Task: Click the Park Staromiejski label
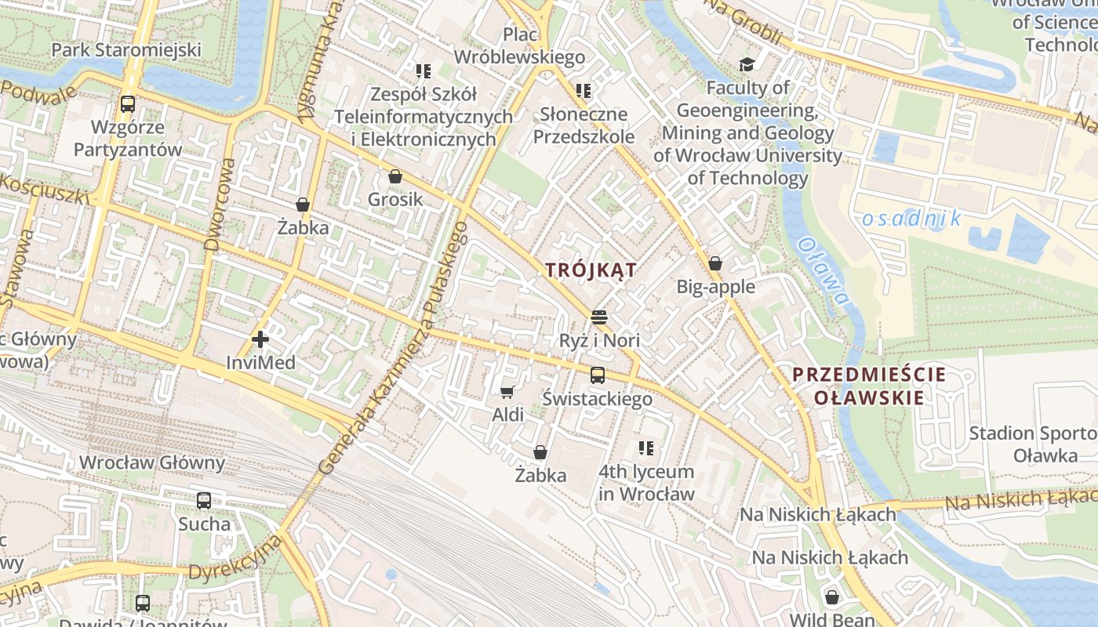coord(126,50)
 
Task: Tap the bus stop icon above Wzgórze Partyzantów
coord(127,103)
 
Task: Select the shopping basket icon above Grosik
coord(395,176)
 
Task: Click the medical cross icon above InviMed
coord(260,339)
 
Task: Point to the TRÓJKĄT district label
coord(591,270)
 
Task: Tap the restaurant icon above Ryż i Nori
coord(599,317)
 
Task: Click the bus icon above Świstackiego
coord(598,375)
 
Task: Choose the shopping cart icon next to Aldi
coord(507,391)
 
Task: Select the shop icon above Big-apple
coord(715,263)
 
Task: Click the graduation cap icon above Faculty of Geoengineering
coord(747,63)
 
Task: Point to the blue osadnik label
coord(911,219)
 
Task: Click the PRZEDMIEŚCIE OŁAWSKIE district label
coord(868,386)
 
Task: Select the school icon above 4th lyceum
coord(646,448)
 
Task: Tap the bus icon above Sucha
coord(204,500)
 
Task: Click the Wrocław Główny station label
coord(152,462)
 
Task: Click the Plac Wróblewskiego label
coord(519,45)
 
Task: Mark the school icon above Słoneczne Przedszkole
coord(583,91)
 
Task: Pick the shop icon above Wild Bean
coord(831,597)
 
